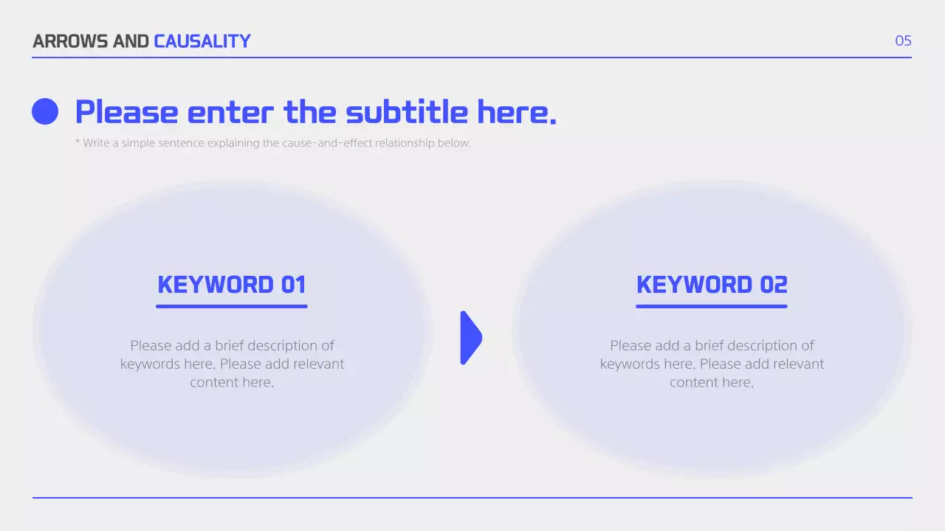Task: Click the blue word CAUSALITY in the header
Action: coord(202,41)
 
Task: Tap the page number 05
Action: coord(903,41)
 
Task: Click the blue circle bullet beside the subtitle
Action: coord(45,111)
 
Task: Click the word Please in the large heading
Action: coord(126,112)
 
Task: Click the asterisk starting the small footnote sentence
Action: coord(78,142)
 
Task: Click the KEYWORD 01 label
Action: coord(232,285)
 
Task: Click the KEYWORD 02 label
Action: coord(712,285)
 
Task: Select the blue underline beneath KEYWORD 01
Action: coord(232,306)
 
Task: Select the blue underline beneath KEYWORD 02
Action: coord(712,306)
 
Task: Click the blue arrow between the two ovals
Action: coord(470,338)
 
